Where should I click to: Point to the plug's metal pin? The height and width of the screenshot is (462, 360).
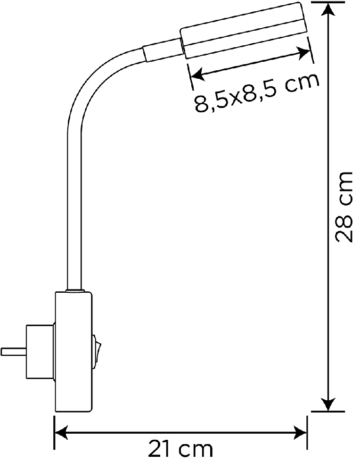[13, 352]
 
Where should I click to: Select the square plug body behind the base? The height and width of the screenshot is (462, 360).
[40, 352]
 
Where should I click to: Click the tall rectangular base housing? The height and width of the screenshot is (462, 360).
[73, 352]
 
